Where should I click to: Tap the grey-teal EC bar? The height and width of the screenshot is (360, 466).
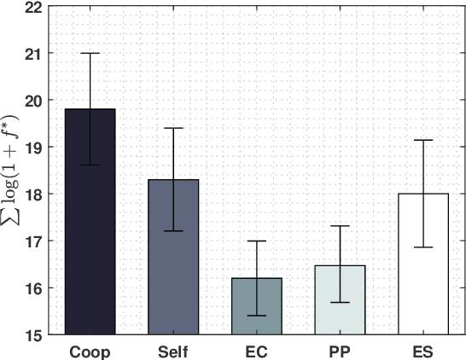point(255,307)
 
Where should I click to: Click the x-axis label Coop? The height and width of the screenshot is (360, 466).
point(90,351)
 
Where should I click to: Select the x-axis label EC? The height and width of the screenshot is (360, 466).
point(255,351)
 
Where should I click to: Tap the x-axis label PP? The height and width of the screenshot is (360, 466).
point(339,351)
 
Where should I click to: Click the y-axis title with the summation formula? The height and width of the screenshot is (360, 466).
point(12,171)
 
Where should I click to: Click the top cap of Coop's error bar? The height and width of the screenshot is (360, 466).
point(90,53)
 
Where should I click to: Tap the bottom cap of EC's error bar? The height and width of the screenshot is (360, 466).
point(255,316)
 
